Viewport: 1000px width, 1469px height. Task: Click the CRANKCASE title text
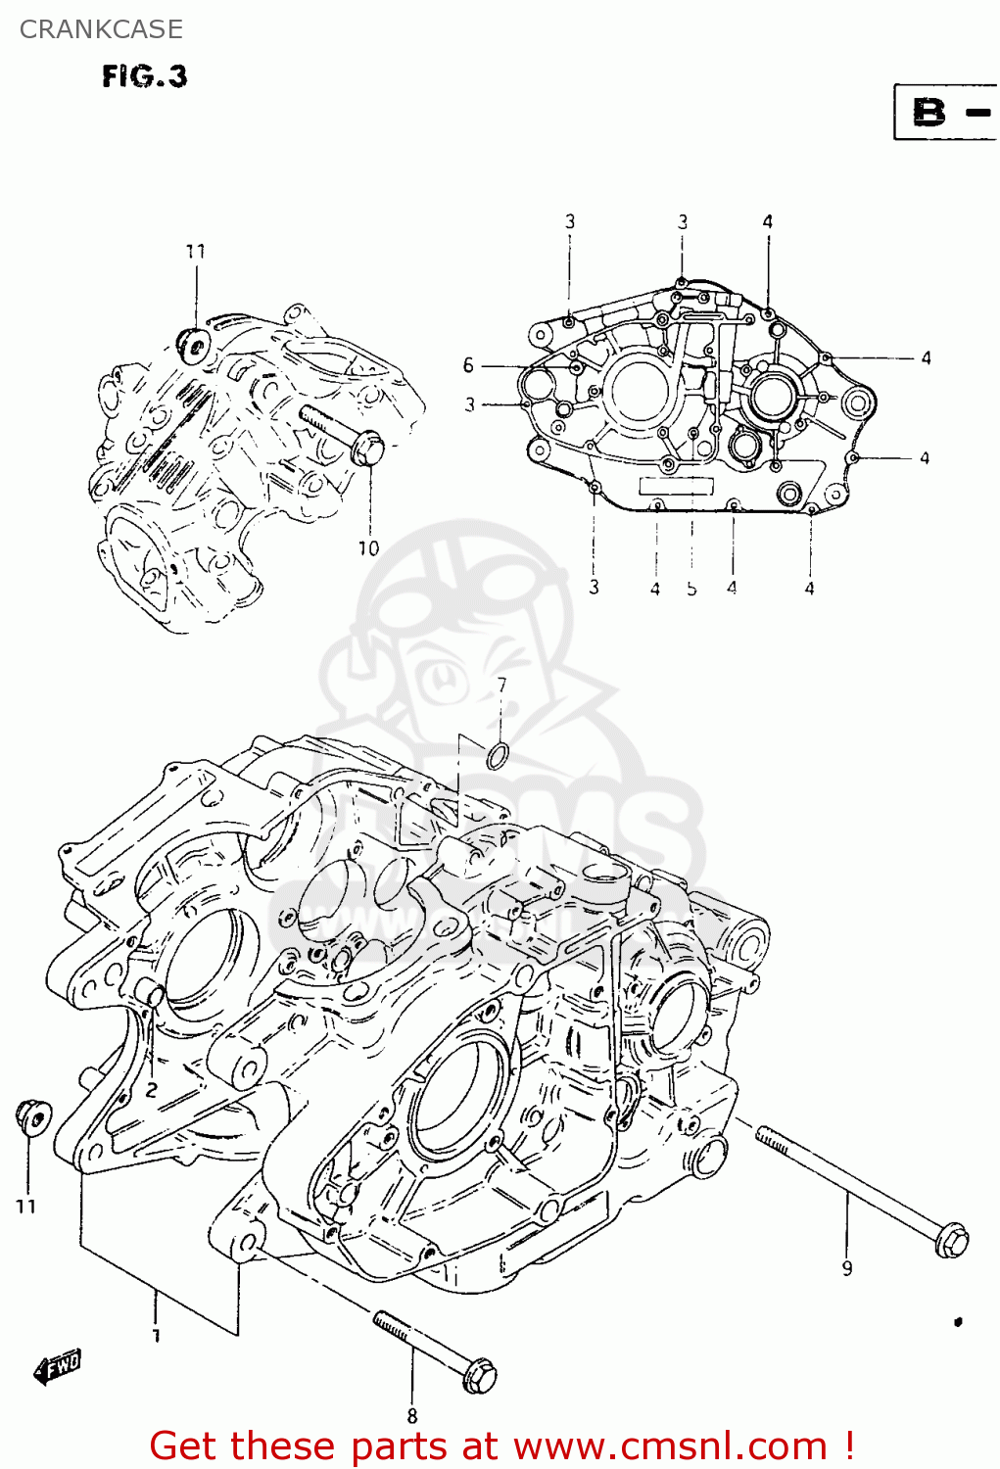coord(101,29)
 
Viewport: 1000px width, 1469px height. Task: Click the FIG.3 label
coord(144,76)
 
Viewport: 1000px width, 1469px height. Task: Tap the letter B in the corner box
coord(929,112)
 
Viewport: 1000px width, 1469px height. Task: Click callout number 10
coord(368,548)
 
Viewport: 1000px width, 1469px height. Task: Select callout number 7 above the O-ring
coord(501,686)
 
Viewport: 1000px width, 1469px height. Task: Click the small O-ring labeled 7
coord(498,754)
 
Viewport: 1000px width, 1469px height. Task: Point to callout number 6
coord(468,365)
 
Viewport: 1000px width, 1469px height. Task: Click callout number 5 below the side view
coord(691,589)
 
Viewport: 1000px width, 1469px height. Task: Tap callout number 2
coord(152,1089)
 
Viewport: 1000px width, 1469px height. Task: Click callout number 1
coord(157,1335)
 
